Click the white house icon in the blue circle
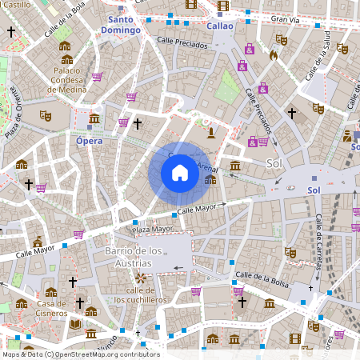click(180, 173)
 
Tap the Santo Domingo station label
click(121, 25)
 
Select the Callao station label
click(220, 26)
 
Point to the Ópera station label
click(89, 141)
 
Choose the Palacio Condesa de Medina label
click(73, 80)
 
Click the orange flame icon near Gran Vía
click(273, 55)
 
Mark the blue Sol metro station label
click(314, 190)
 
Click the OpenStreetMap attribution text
click(81, 354)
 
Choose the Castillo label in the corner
click(17, 5)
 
